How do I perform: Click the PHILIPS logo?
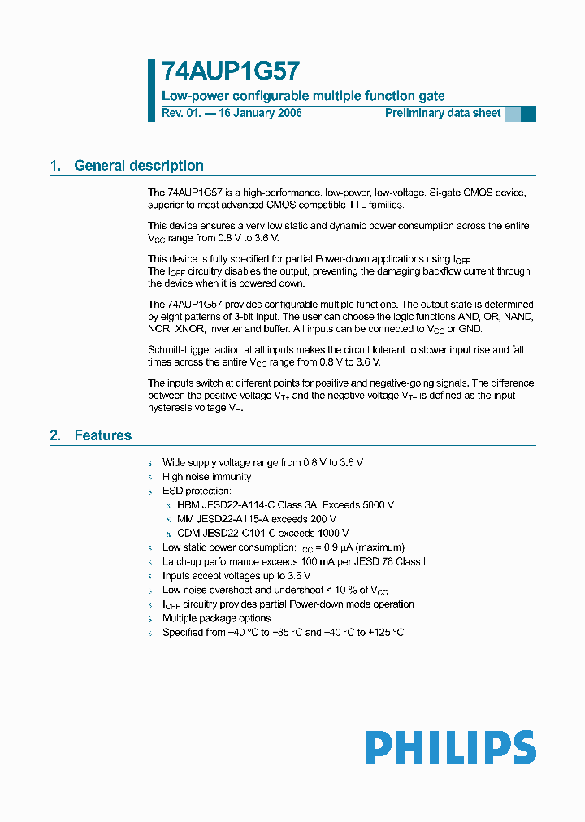(x=450, y=747)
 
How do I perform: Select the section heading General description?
(x=138, y=166)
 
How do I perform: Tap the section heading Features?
(x=102, y=435)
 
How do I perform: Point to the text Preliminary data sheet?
(x=443, y=113)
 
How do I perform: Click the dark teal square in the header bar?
(x=528, y=114)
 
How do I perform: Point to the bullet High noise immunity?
(x=206, y=477)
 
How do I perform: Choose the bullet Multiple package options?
(x=216, y=618)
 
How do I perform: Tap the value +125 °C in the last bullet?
(x=386, y=632)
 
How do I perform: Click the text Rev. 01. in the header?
(x=180, y=113)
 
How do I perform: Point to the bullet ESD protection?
(x=197, y=491)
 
